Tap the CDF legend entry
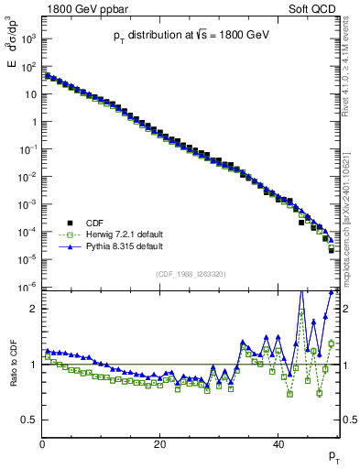[x=94, y=221]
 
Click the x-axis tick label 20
[x=159, y=442]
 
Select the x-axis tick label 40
[x=278, y=442]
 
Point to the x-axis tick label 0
[x=42, y=442]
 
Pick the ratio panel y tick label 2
[x=34, y=309]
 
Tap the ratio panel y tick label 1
[x=34, y=365]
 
